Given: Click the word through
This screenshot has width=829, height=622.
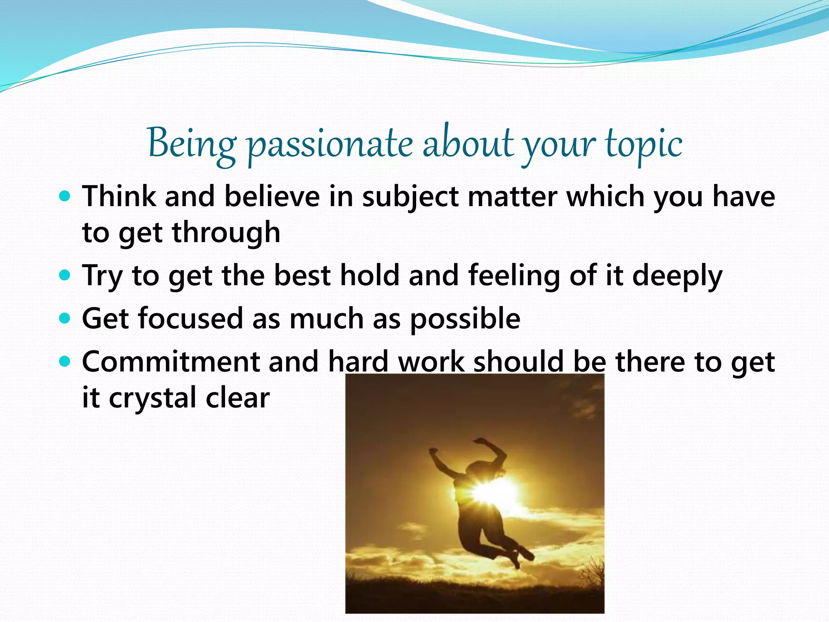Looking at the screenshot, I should point(226,233).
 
